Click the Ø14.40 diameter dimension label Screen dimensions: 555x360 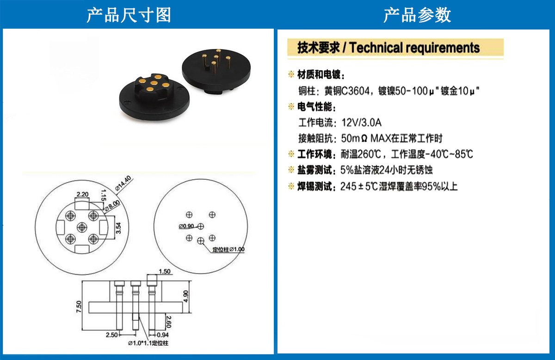point(123,183)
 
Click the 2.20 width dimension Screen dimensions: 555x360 point(82,195)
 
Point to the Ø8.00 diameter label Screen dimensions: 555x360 point(112,206)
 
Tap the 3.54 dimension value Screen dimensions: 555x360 point(118,228)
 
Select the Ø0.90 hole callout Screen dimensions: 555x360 point(186,226)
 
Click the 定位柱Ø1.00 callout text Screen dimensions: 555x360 point(228,250)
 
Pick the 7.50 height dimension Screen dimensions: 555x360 point(79,306)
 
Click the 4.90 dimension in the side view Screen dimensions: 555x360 point(185,296)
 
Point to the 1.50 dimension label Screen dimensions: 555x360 point(165,272)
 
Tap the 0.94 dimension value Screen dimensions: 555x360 point(163,335)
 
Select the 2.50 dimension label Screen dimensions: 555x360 point(112,335)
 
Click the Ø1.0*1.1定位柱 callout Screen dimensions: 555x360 point(148,343)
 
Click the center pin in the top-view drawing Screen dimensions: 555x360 point(82,227)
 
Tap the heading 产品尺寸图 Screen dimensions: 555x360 point(129,15)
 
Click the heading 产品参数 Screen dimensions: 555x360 point(417,15)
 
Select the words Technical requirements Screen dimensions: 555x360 point(414,48)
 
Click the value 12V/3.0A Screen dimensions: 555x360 point(362,122)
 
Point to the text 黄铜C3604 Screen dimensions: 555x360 point(347,91)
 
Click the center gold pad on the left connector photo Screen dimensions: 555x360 point(154,83)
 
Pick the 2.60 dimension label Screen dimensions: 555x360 point(169,322)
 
